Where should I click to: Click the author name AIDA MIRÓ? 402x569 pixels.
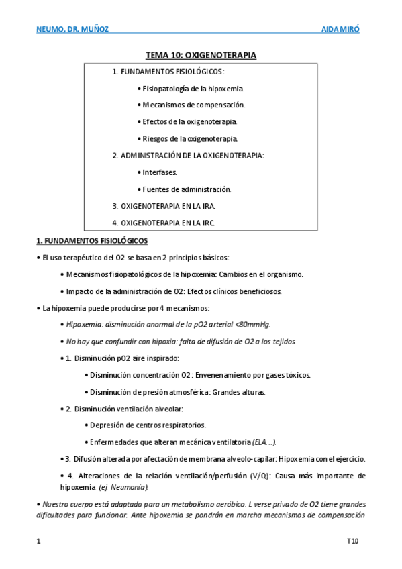coord(341,30)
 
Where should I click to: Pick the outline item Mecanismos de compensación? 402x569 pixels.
coord(193,105)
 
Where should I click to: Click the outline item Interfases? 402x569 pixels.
coord(159,172)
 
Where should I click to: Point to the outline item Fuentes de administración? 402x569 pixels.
coord(186,189)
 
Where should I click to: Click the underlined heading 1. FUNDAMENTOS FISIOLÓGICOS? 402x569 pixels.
coord(91,240)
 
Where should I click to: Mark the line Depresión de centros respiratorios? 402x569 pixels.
coord(148,425)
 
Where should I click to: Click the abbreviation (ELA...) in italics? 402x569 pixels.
coord(264,442)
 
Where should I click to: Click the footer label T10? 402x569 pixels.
coord(353,540)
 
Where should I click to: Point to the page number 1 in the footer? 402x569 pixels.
coord(38,540)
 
